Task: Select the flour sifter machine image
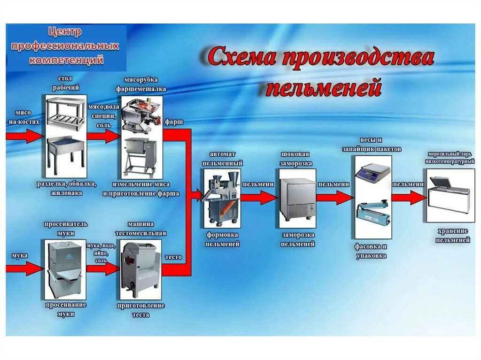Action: pyautogui.click(x=66, y=269)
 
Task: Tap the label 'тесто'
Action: pyautogui.click(x=173, y=257)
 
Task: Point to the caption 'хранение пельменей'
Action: pyautogui.click(x=452, y=235)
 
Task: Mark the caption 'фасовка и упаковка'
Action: pyautogui.click(x=371, y=251)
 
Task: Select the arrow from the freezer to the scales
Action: pyautogui.click(x=334, y=198)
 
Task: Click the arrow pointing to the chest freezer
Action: pyautogui.click(x=408, y=198)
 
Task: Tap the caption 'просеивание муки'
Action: pyautogui.click(x=66, y=309)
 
